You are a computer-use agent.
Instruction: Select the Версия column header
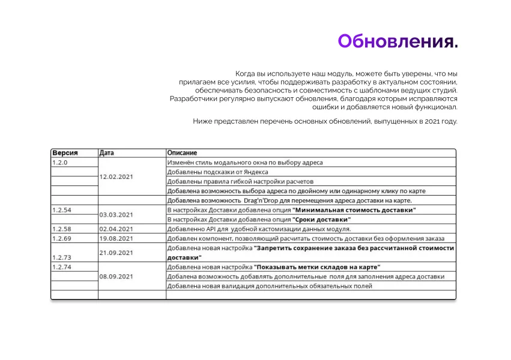(65, 153)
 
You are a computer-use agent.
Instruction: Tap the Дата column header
(106, 153)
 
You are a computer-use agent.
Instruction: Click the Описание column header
(182, 153)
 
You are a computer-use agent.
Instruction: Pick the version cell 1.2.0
(60, 163)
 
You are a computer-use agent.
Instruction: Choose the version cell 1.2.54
(62, 210)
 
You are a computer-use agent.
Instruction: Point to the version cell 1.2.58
(62, 229)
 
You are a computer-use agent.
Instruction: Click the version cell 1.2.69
(62, 238)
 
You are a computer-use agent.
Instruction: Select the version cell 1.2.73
(62, 257)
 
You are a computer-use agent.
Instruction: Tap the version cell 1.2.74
(62, 266)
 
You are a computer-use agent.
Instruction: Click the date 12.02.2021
(116, 176)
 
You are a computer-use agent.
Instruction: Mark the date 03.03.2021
(116, 214)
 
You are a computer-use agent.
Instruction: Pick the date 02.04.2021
(116, 229)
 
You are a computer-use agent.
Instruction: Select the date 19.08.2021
(116, 238)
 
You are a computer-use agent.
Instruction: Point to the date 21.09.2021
(116, 253)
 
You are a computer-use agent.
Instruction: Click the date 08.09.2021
(116, 277)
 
